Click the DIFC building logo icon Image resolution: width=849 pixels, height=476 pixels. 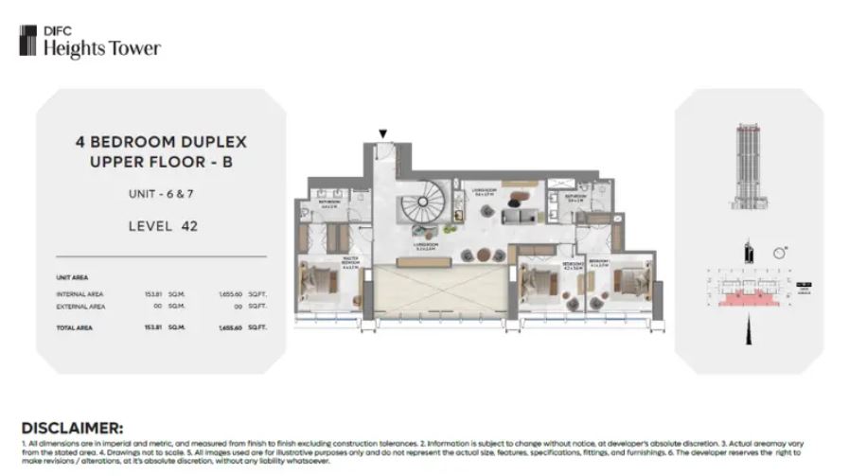[x=28, y=40]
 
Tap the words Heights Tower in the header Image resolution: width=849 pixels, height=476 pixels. [x=102, y=49]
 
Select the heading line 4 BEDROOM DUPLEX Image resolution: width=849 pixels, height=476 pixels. [x=160, y=141]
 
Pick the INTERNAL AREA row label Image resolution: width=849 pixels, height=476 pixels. [x=80, y=293]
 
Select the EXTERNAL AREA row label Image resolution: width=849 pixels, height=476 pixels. [x=81, y=307]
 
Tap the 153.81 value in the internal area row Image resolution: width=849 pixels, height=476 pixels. [x=153, y=293]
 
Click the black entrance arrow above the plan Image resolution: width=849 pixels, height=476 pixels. [x=382, y=134]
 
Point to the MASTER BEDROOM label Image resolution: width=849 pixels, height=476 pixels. [x=327, y=264]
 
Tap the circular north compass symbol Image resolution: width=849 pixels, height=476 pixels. [x=778, y=252]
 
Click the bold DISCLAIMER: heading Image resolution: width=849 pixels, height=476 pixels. [x=71, y=428]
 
